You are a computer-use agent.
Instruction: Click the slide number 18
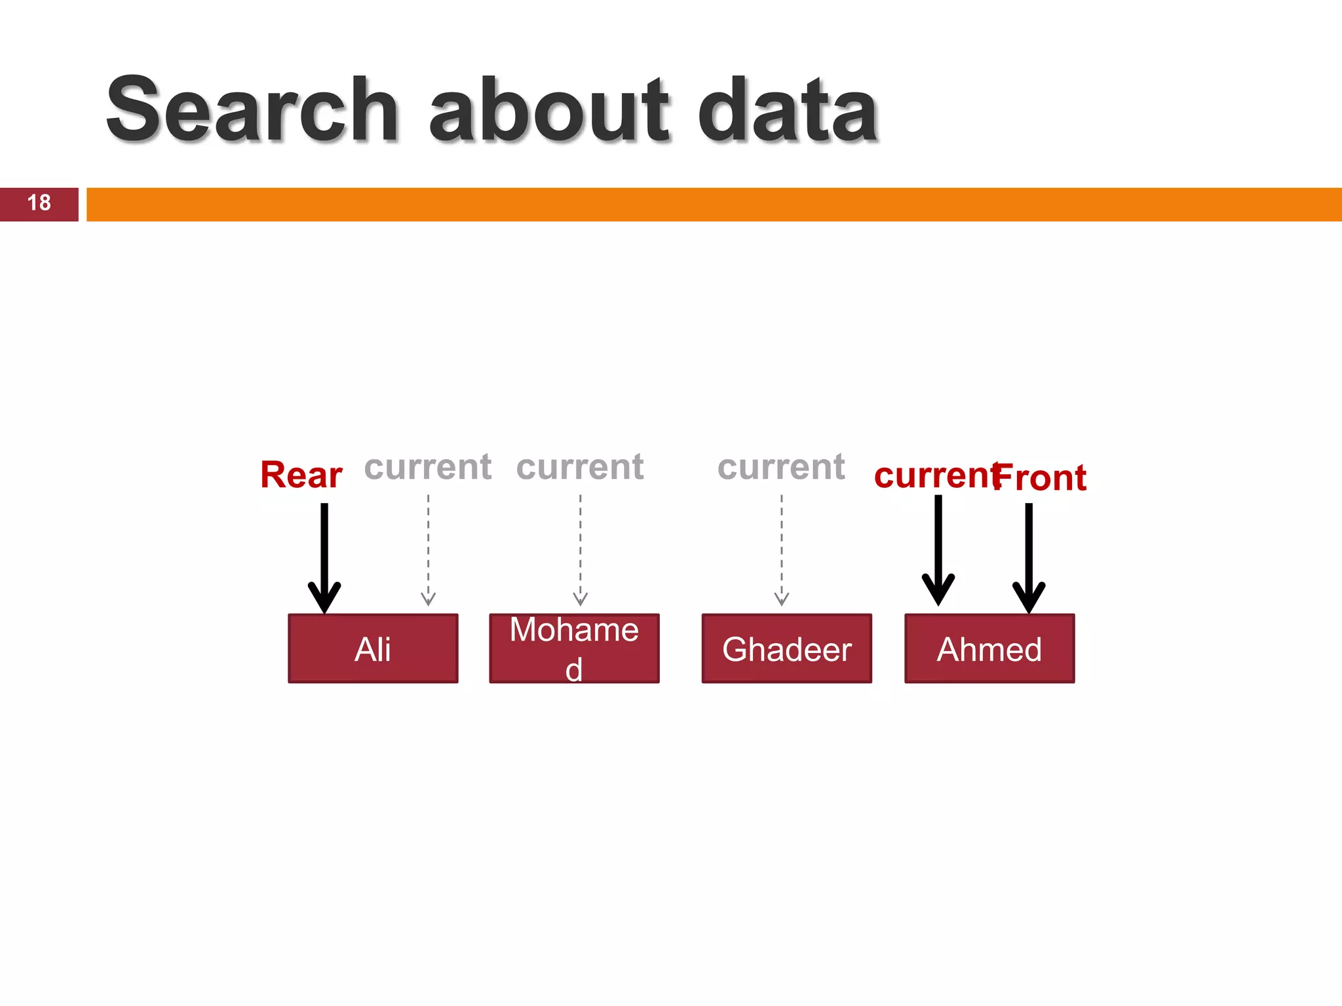point(39,203)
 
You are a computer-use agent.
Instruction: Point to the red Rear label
point(301,475)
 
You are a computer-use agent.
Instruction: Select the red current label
point(934,475)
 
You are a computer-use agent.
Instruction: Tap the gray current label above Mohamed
point(580,467)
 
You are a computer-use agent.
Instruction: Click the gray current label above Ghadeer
point(781,467)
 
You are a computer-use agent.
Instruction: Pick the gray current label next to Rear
point(428,467)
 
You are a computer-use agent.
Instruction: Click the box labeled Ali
point(373,648)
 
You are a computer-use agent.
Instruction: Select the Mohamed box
point(574,648)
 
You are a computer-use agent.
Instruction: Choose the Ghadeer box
point(786,648)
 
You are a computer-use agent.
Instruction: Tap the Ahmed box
point(989,648)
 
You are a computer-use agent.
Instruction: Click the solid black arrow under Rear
point(324,557)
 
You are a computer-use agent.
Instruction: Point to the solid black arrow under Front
point(1029,557)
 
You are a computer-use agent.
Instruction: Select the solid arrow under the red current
point(938,550)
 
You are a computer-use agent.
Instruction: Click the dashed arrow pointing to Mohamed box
point(580,550)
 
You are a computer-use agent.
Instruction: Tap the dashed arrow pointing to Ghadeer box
point(781,550)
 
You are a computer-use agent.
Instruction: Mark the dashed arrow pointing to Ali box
point(428,550)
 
